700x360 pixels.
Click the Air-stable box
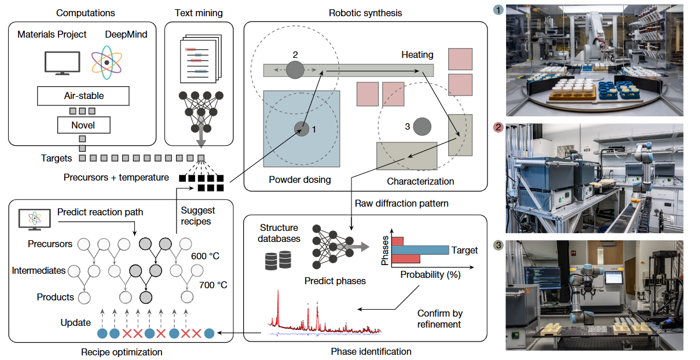coord(83,95)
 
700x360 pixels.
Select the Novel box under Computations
coord(83,124)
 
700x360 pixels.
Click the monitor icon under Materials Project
coord(59,63)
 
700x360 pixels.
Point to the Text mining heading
coord(199,13)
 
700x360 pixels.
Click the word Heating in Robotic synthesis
coord(417,55)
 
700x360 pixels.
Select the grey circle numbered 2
coord(295,70)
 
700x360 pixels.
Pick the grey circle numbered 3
coord(422,126)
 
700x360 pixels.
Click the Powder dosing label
coord(300,180)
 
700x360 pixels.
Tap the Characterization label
coord(420,182)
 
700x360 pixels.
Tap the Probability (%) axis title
coord(430,275)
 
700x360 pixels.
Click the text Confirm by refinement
coord(439,319)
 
